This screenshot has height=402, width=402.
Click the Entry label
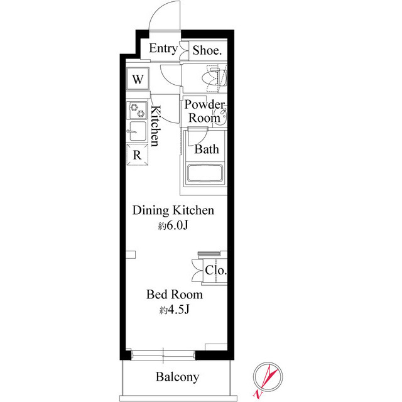coord(163,48)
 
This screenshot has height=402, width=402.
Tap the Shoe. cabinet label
coord(207,50)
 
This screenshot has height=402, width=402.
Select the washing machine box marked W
coord(138,79)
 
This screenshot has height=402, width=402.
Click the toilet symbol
coord(215,78)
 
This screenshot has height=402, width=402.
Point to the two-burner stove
coord(137,111)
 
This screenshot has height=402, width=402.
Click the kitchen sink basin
coord(138,131)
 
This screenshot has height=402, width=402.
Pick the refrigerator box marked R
coord(138,155)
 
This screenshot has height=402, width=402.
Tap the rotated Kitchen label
coord(155,126)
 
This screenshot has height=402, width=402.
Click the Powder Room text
coord(204,111)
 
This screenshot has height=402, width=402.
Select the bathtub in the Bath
coord(204,173)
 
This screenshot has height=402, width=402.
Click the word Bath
coord(207,149)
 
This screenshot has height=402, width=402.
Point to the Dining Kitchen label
coord(173,210)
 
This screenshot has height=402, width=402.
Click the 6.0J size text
coord(173,225)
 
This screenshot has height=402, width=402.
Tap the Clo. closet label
coord(215,270)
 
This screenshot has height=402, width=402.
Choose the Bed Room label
coord(175,295)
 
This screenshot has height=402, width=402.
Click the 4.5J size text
coord(175,310)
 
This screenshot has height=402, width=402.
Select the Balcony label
coord(177,377)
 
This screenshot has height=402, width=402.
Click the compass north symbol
coord(268,377)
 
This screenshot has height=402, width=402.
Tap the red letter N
coord(257,394)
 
